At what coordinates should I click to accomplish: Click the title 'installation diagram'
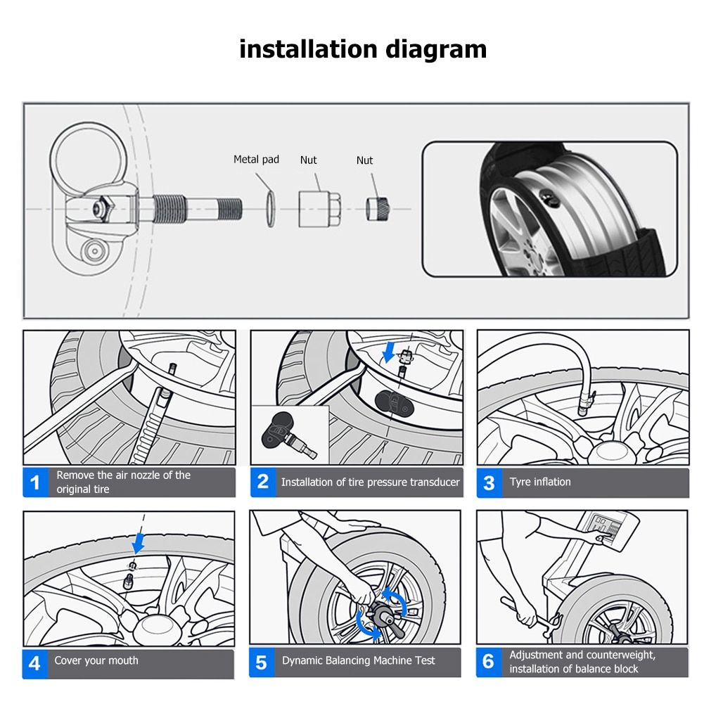click(x=363, y=49)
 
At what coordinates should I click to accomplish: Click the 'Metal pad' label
click(x=256, y=160)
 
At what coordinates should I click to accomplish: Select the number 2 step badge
click(x=263, y=482)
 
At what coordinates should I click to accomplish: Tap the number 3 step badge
click(x=489, y=482)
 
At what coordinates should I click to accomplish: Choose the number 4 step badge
click(x=35, y=663)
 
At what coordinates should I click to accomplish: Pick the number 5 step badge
click(x=262, y=663)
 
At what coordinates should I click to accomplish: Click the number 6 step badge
click(x=489, y=663)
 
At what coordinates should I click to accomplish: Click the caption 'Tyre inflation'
click(x=540, y=482)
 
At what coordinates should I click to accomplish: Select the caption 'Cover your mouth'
click(x=96, y=660)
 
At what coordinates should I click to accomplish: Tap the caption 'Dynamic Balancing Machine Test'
click(x=359, y=660)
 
